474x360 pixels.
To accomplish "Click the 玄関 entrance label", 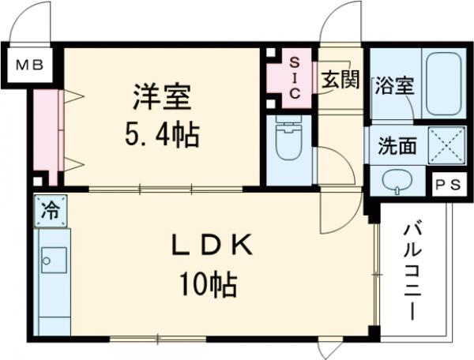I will pyautogui.click(x=340, y=78).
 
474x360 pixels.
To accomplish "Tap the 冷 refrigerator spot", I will pyautogui.click(x=49, y=212).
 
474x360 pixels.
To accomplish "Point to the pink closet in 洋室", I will pyautogui.click(x=47, y=134).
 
